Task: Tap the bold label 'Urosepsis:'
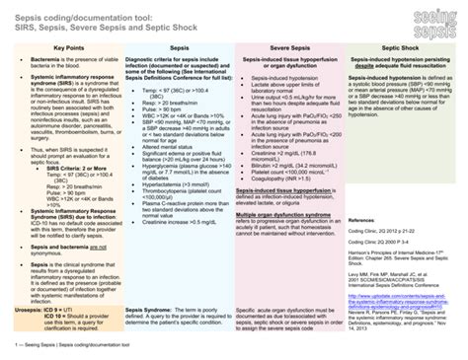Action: [29, 310]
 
